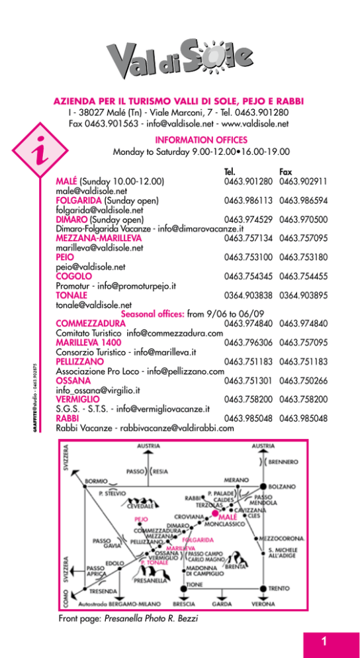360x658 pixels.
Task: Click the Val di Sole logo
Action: [179, 59]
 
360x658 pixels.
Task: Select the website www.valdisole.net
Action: [255, 124]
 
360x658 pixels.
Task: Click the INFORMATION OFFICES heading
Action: [201, 140]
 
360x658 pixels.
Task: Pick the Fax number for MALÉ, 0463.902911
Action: [303, 181]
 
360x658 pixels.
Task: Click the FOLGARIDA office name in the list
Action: [79, 201]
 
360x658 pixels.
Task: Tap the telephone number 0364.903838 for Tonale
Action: [248, 295]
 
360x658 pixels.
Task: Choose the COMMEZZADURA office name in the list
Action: [91, 324]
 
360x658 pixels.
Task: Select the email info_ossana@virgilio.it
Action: [98, 390]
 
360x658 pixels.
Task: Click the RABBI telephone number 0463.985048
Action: [248, 418]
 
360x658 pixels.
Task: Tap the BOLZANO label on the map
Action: [283, 487]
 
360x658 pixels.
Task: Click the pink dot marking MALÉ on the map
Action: [215, 513]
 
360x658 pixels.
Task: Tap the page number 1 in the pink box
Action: [324, 641]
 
